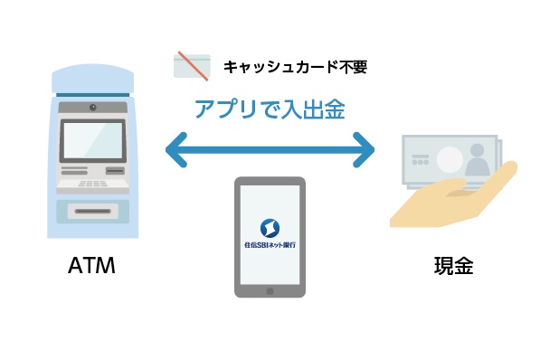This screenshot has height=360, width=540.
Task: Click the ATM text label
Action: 91,265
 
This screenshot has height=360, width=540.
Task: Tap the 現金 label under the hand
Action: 453,266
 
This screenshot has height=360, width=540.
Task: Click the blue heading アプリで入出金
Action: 270,109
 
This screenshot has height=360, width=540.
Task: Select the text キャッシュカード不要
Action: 296,67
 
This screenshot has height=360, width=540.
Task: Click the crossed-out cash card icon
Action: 192,66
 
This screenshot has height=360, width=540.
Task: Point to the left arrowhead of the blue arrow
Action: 176,150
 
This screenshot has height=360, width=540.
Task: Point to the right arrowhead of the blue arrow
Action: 364,150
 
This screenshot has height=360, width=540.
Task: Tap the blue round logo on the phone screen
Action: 270,228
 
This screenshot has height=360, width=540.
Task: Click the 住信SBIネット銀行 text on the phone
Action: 270,245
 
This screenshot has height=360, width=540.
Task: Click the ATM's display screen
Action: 92,140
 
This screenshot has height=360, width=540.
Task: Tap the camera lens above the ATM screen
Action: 93,108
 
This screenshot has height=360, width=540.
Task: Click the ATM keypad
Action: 92,184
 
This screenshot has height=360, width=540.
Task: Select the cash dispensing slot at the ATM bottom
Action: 93,211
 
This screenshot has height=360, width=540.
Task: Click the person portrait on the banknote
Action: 477,160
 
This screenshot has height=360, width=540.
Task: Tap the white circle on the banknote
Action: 450,159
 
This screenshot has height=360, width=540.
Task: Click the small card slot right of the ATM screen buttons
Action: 115,171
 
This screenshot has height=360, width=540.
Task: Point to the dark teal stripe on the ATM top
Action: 93,95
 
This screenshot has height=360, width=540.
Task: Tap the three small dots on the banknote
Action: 421,162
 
